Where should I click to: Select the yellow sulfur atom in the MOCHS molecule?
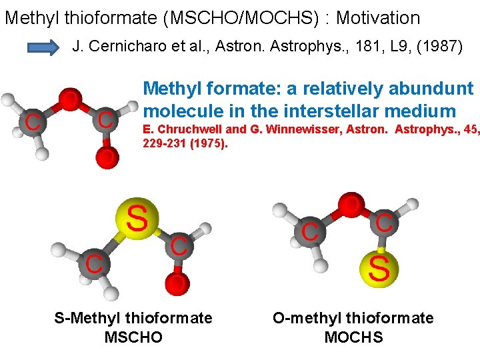pos(379,269)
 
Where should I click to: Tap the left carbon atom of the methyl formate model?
pos(31,121)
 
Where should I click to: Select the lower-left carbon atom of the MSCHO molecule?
pos(93,263)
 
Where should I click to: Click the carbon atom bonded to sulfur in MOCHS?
pos(383,223)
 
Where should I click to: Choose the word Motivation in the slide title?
pos(378,18)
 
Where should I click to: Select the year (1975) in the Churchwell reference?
pos(206,143)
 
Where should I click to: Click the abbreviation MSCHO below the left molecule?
pos(133,337)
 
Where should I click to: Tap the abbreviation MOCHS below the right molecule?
pos(353,337)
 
